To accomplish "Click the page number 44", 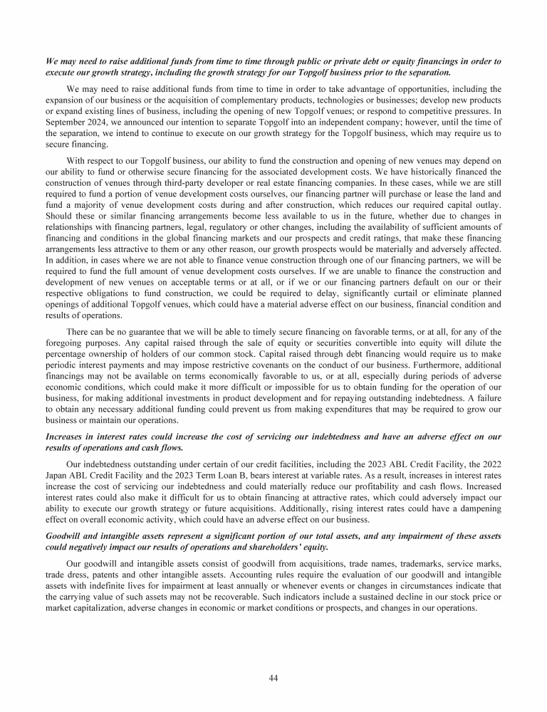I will (273, 677).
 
